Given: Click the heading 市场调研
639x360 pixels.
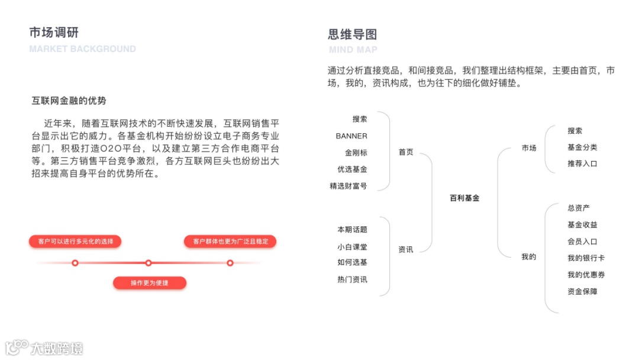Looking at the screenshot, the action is [54, 33].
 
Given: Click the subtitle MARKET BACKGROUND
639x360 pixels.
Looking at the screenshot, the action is [82, 49].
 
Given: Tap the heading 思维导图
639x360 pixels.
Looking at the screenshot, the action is [353, 34].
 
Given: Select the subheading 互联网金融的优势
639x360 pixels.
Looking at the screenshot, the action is [69, 101].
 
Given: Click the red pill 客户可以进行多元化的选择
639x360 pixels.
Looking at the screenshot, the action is [75, 241].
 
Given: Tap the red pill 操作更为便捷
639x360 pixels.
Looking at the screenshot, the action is [150, 283].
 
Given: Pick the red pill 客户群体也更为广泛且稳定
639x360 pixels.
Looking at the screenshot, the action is [230, 241].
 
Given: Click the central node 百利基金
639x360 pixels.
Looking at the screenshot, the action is [464, 198].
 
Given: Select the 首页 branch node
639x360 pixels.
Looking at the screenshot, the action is [406, 152].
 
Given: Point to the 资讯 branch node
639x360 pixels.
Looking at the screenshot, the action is [406, 250].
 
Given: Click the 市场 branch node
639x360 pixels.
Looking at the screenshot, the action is [529, 148].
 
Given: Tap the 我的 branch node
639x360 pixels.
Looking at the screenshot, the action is [529, 257].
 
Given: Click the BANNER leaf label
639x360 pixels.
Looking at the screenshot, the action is [351, 136].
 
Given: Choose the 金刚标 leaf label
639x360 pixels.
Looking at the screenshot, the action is [356, 153].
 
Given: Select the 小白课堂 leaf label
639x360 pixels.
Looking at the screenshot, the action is [352, 246].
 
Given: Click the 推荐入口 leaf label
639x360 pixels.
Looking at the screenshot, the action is [582, 163].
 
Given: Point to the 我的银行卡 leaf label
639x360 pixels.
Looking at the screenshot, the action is [586, 258].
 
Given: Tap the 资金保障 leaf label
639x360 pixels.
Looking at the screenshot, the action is [582, 291].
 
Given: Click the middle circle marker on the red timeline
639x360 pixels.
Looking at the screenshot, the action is [149, 263].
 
